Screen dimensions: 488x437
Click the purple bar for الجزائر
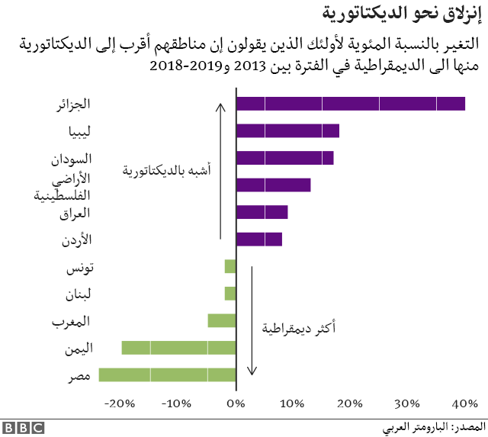tap(351, 104)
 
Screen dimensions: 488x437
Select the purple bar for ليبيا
tap(288, 130)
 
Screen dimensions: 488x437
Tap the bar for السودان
tap(285, 158)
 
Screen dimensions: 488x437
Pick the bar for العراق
tap(262, 212)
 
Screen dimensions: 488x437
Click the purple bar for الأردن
tap(259, 239)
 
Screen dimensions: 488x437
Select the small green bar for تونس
tap(230, 266)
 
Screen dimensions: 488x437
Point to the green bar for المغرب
tap(222, 320)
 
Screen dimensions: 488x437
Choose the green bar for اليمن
tap(178, 348)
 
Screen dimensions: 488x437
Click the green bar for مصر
tap(168, 374)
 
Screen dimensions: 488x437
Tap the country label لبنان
tap(78, 294)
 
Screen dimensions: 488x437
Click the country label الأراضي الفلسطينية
tap(63, 188)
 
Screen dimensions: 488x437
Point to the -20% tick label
tap(120, 403)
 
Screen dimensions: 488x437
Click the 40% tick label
tap(465, 403)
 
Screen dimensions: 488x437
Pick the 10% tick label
tap(292, 403)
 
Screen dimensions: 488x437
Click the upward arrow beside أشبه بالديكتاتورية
tap(220, 171)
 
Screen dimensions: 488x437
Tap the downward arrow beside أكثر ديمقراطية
tap(252, 320)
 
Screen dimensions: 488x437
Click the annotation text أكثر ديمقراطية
tap(299, 328)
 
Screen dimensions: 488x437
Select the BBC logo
tap(24, 429)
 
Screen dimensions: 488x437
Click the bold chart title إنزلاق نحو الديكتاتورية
tap(402, 14)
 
